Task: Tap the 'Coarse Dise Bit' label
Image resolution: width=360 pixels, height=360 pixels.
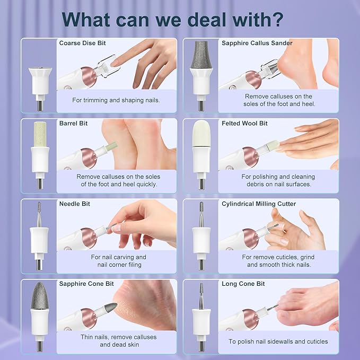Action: pyautogui.click(x=82, y=43)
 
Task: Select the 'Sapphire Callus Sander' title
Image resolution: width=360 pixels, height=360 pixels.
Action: pyautogui.click(x=257, y=43)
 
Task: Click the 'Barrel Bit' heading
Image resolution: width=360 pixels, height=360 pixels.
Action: pyautogui.click(x=74, y=124)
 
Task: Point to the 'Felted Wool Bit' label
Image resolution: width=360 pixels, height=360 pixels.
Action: pyautogui.click(x=244, y=124)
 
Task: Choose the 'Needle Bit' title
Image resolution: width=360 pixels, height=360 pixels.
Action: pyautogui.click(x=75, y=204)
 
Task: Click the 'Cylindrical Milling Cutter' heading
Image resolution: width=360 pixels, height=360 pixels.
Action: pyautogui.click(x=259, y=204)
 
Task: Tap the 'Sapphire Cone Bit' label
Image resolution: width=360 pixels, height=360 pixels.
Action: pyautogui.click(x=86, y=284)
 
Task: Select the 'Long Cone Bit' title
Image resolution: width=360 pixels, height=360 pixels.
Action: pyautogui.click(x=243, y=284)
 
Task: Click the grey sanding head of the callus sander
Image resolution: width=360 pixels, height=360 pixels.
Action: pyautogui.click(x=201, y=55)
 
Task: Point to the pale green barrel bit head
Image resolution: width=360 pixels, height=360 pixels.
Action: pyautogui.click(x=40, y=134)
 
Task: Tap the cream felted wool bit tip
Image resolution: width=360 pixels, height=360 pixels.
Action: pyautogui.click(x=201, y=134)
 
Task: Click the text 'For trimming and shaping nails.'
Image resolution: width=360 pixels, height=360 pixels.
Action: pyautogui.click(x=116, y=100)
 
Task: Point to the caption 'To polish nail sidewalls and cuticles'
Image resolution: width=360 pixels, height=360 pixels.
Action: pyautogui.click(x=278, y=341)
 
